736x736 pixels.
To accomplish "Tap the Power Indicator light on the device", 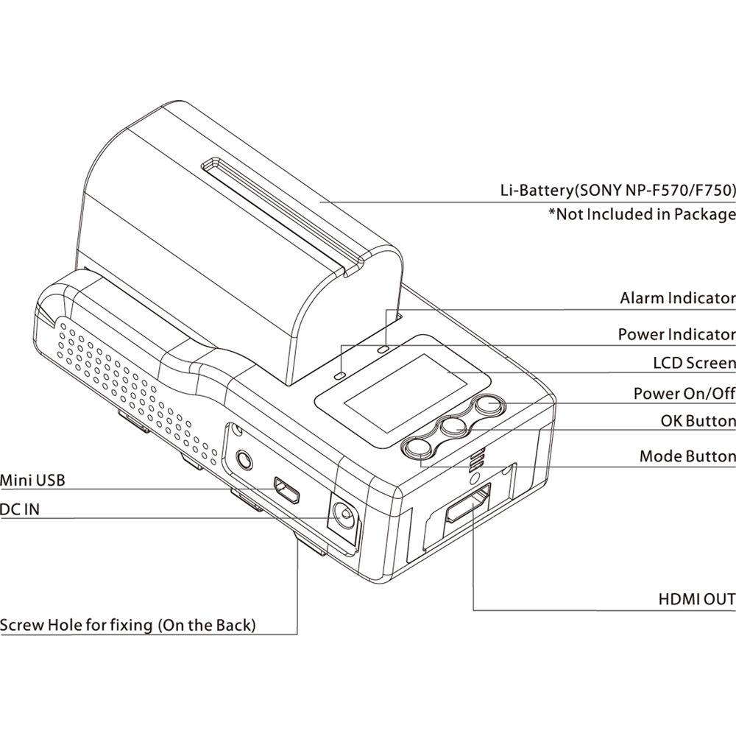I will coord(339,374).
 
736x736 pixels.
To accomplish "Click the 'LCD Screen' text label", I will coord(694,363).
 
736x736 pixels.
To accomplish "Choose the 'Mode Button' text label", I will coord(687,456).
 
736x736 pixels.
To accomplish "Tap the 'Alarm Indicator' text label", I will coord(677,298).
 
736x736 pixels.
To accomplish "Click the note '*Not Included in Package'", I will coord(641,214).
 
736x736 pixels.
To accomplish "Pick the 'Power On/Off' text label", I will coord(684,393).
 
